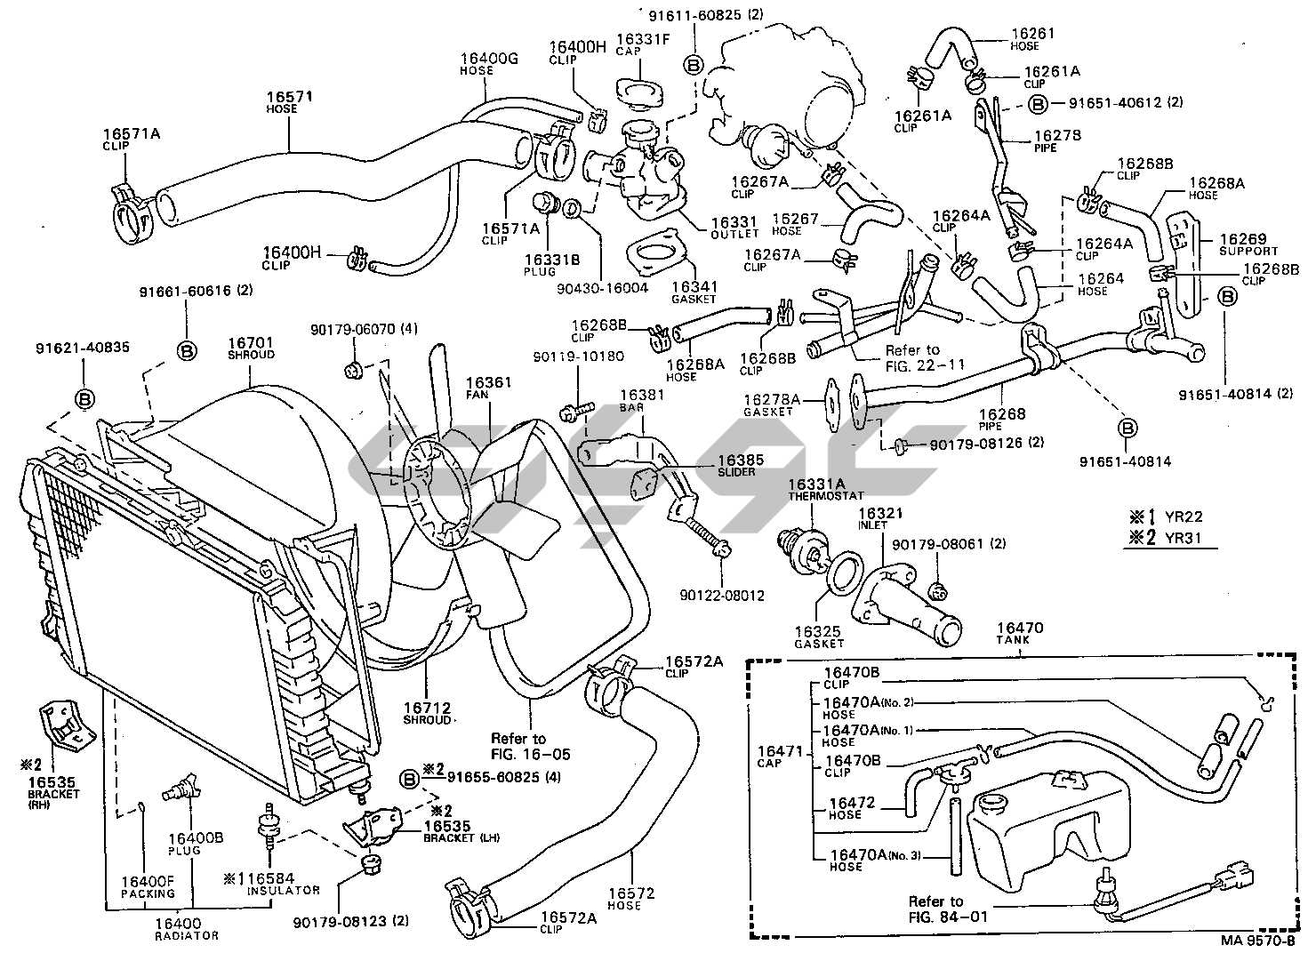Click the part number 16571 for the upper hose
pos(290,96)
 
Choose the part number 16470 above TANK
pos(1021,629)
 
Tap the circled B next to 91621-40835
pos(84,399)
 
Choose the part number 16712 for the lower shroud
pos(427,706)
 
